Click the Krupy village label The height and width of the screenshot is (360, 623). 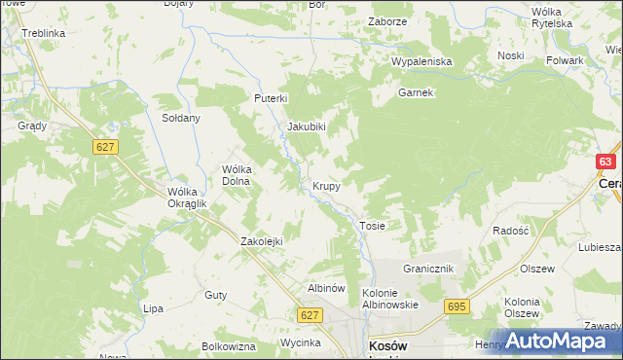pos(326,185)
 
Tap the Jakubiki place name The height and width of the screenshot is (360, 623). pos(306,126)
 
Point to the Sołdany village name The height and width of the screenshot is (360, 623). pos(180,118)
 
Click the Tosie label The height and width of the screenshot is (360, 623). pos(373,226)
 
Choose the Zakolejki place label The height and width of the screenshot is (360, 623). pos(261,241)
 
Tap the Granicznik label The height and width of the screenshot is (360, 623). pos(429,268)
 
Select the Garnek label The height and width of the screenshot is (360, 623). pos(415,93)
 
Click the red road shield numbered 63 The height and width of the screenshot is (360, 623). pos(605,162)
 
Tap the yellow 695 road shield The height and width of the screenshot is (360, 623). pos(456,306)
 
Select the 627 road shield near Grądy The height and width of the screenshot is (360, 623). pos(106,147)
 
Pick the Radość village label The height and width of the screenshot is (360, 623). pos(509,231)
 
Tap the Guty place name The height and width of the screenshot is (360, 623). pos(215,294)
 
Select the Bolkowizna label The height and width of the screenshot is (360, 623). pos(228,346)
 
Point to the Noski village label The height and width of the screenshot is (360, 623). pos(510,55)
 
